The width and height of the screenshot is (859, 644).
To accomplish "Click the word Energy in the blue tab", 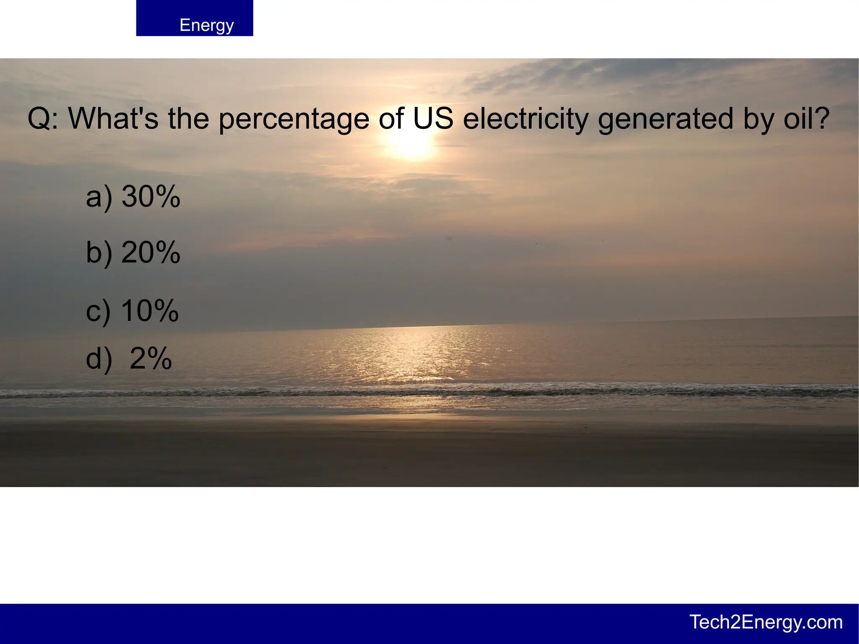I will click(x=206, y=25).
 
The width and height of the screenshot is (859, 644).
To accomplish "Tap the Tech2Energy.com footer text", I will click(x=766, y=622).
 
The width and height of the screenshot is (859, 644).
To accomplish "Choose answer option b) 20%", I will click(x=133, y=253).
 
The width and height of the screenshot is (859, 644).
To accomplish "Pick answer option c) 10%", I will click(x=132, y=311).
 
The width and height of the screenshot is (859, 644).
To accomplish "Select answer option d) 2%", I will click(x=129, y=359).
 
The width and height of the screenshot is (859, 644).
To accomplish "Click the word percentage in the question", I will click(x=294, y=119).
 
